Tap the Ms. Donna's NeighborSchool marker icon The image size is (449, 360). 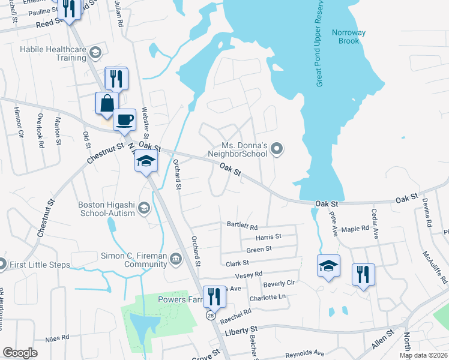277,148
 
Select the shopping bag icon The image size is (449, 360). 106,103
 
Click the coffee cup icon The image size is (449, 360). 124,119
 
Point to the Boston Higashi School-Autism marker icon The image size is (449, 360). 143,208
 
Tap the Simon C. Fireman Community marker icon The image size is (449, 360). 176,259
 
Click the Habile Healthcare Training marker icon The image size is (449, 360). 95,53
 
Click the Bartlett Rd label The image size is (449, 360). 242,226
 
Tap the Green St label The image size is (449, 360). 259,248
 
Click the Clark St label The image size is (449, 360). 237,263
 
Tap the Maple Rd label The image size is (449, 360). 355,229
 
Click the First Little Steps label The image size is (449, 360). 40,264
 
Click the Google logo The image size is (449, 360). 20,353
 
